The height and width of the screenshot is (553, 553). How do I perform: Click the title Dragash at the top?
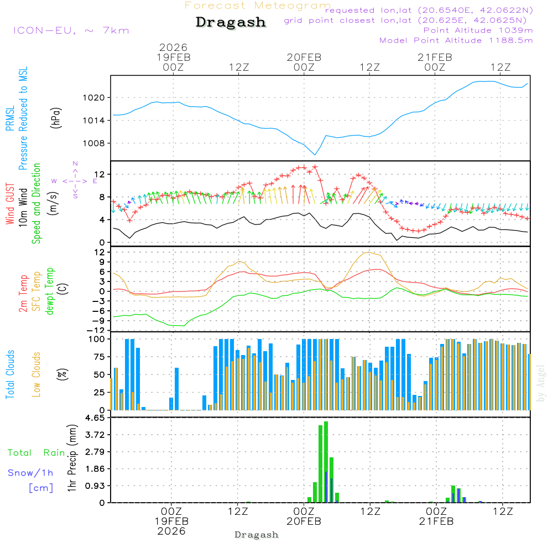point(231,23)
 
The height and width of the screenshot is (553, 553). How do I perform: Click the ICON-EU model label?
point(71,30)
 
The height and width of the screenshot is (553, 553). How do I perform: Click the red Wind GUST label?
point(11,204)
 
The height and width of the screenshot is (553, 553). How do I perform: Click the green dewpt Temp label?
point(50,291)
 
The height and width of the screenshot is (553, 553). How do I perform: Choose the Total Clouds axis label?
point(11,374)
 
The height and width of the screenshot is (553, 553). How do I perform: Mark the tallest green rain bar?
point(326,462)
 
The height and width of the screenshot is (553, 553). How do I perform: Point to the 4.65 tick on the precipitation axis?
point(96,418)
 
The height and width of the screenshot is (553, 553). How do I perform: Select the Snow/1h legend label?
point(31,473)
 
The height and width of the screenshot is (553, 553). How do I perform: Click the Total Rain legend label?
point(36,452)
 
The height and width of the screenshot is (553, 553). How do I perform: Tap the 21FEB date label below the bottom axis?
point(436,521)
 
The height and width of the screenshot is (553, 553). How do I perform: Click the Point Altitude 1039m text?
point(478,30)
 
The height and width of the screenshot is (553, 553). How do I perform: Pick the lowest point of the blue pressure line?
point(315,155)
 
